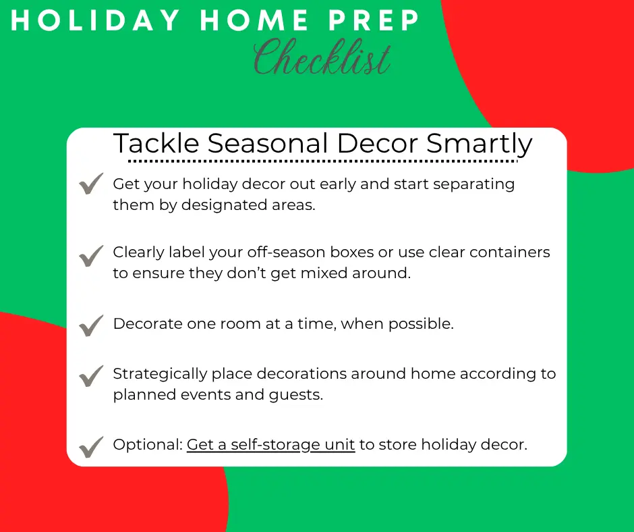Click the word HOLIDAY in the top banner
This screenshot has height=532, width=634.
point(95,20)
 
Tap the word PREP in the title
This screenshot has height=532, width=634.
point(374,20)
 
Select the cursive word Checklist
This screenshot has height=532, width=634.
point(322,57)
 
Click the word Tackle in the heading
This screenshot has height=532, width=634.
point(156,143)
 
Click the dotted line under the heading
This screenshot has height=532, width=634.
point(322,161)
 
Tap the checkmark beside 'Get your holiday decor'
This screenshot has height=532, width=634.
point(91,184)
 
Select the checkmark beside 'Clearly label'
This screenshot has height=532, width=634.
point(91,257)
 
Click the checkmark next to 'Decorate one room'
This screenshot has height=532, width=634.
point(91,326)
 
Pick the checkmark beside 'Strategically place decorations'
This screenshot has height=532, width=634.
point(91,376)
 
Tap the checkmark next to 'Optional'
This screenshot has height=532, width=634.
point(91,447)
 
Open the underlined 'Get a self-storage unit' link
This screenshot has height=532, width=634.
point(271,445)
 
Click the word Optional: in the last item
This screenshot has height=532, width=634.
point(148,445)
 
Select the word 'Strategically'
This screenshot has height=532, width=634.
point(160,375)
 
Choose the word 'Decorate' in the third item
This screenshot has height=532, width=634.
point(148,324)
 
